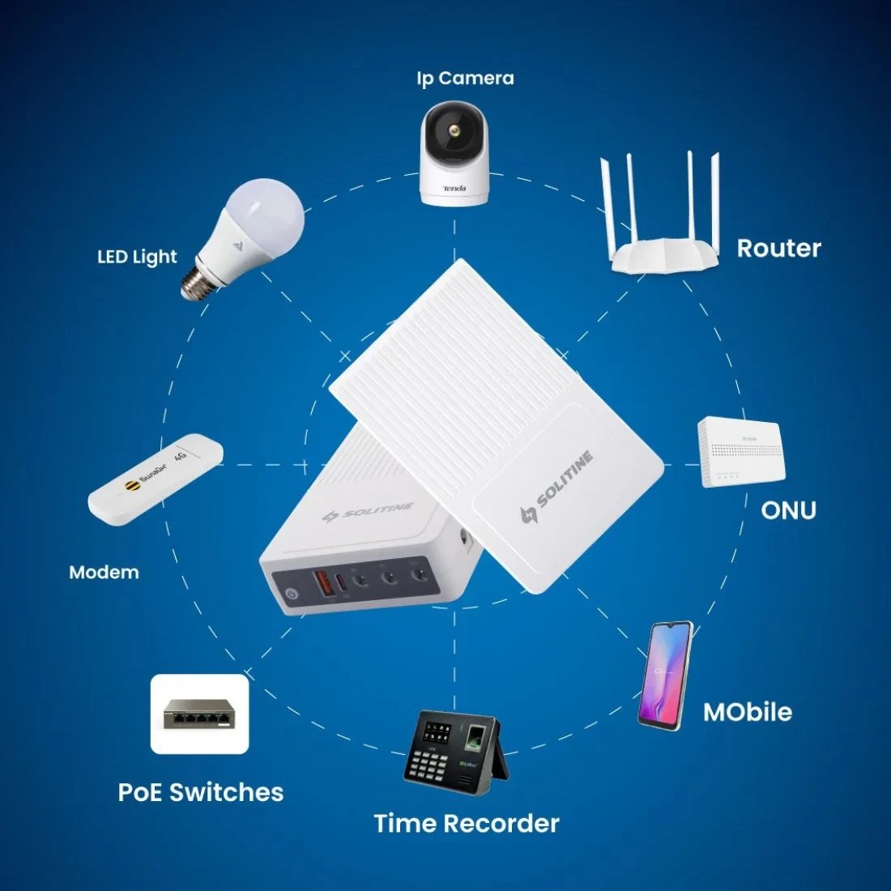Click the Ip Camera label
pos(465,78)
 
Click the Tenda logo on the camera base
pos(454,188)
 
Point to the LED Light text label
pos(137,257)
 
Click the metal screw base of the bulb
pos(197,284)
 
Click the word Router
pos(778,248)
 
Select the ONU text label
pos(788,510)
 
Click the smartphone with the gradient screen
pos(666,675)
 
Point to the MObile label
pos(747,712)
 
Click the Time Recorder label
pos(467,824)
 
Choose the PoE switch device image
pos(199,714)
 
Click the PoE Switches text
pos(201,791)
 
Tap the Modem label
pos(104,573)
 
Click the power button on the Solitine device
pos(292,594)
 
